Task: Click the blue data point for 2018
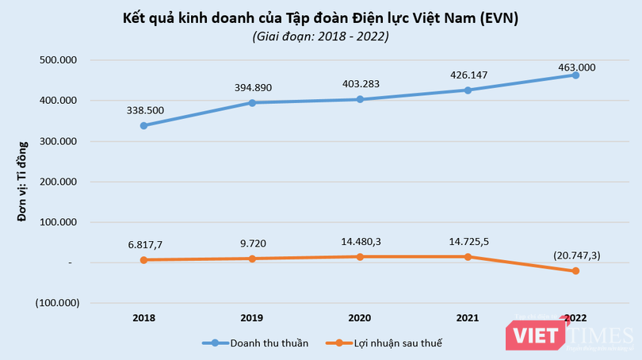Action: [144, 125]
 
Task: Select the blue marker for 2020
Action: [360, 99]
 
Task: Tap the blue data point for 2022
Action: [575, 75]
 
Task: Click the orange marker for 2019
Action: [252, 259]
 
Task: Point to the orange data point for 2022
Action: [575, 271]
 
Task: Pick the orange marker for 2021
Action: [468, 257]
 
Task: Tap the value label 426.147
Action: [468, 75]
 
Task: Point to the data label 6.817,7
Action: [144, 246]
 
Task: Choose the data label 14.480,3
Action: [360, 241]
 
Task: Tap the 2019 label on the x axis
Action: [252, 317]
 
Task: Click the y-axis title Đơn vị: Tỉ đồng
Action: [23, 181]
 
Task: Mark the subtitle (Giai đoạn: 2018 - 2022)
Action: [320, 36]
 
